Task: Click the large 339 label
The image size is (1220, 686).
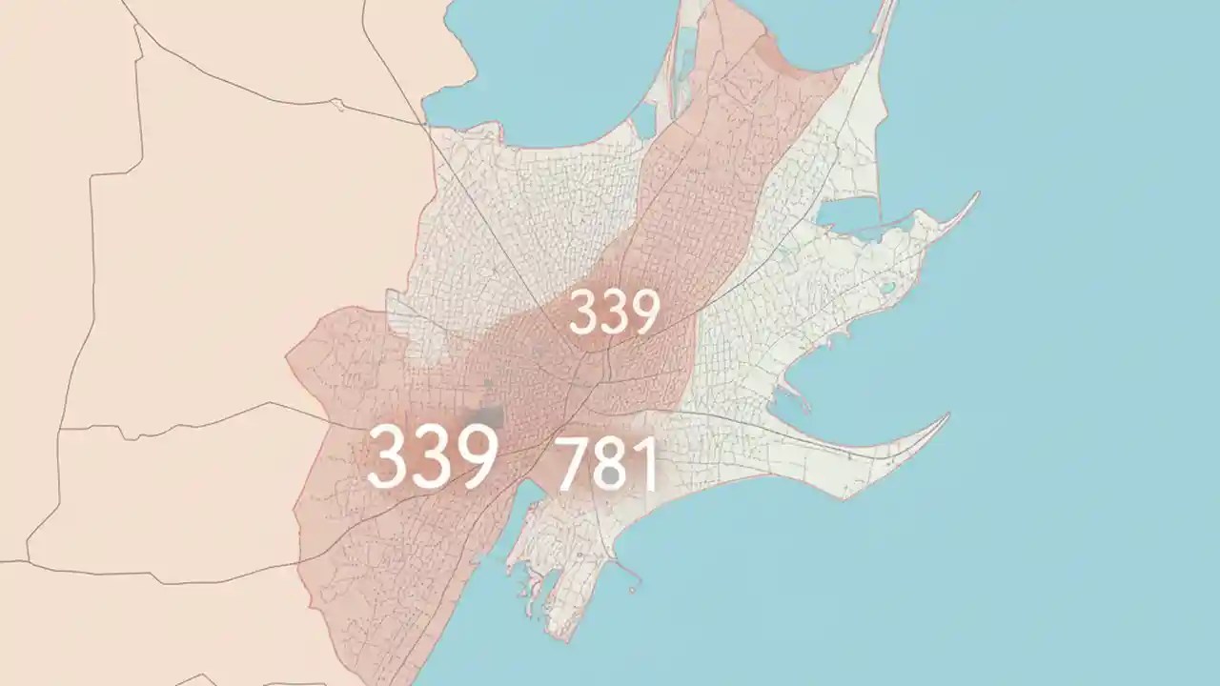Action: pyautogui.click(x=432, y=456)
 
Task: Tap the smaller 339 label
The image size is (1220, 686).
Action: pyautogui.click(x=614, y=313)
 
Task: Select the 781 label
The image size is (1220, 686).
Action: pyautogui.click(x=607, y=464)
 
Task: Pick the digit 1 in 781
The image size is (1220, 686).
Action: pyautogui.click(x=645, y=464)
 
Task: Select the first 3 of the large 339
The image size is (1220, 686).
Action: pyautogui.click(x=389, y=456)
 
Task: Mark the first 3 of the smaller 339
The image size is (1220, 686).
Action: pyautogui.click(x=583, y=313)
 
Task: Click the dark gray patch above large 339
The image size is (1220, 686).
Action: pyautogui.click(x=490, y=417)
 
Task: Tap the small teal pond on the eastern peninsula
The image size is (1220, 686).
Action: pyautogui.click(x=888, y=286)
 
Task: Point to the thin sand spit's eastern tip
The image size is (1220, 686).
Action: pyautogui.click(x=975, y=195)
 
